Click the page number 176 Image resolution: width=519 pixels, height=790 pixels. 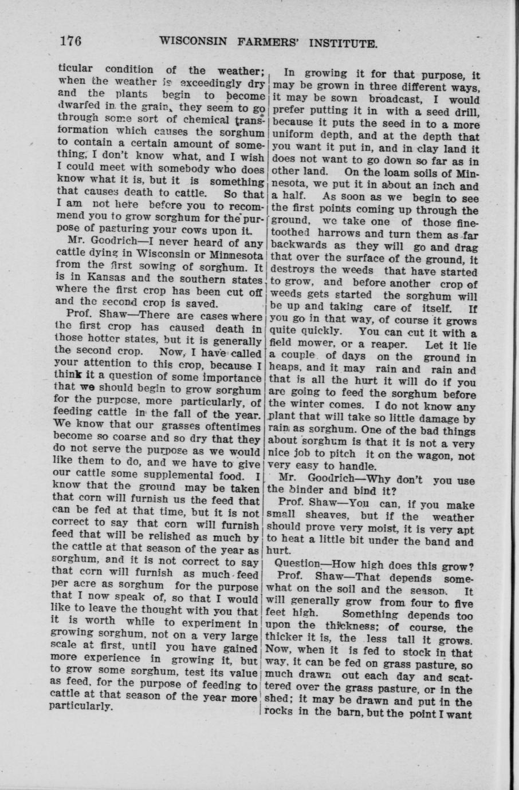pos(71,41)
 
